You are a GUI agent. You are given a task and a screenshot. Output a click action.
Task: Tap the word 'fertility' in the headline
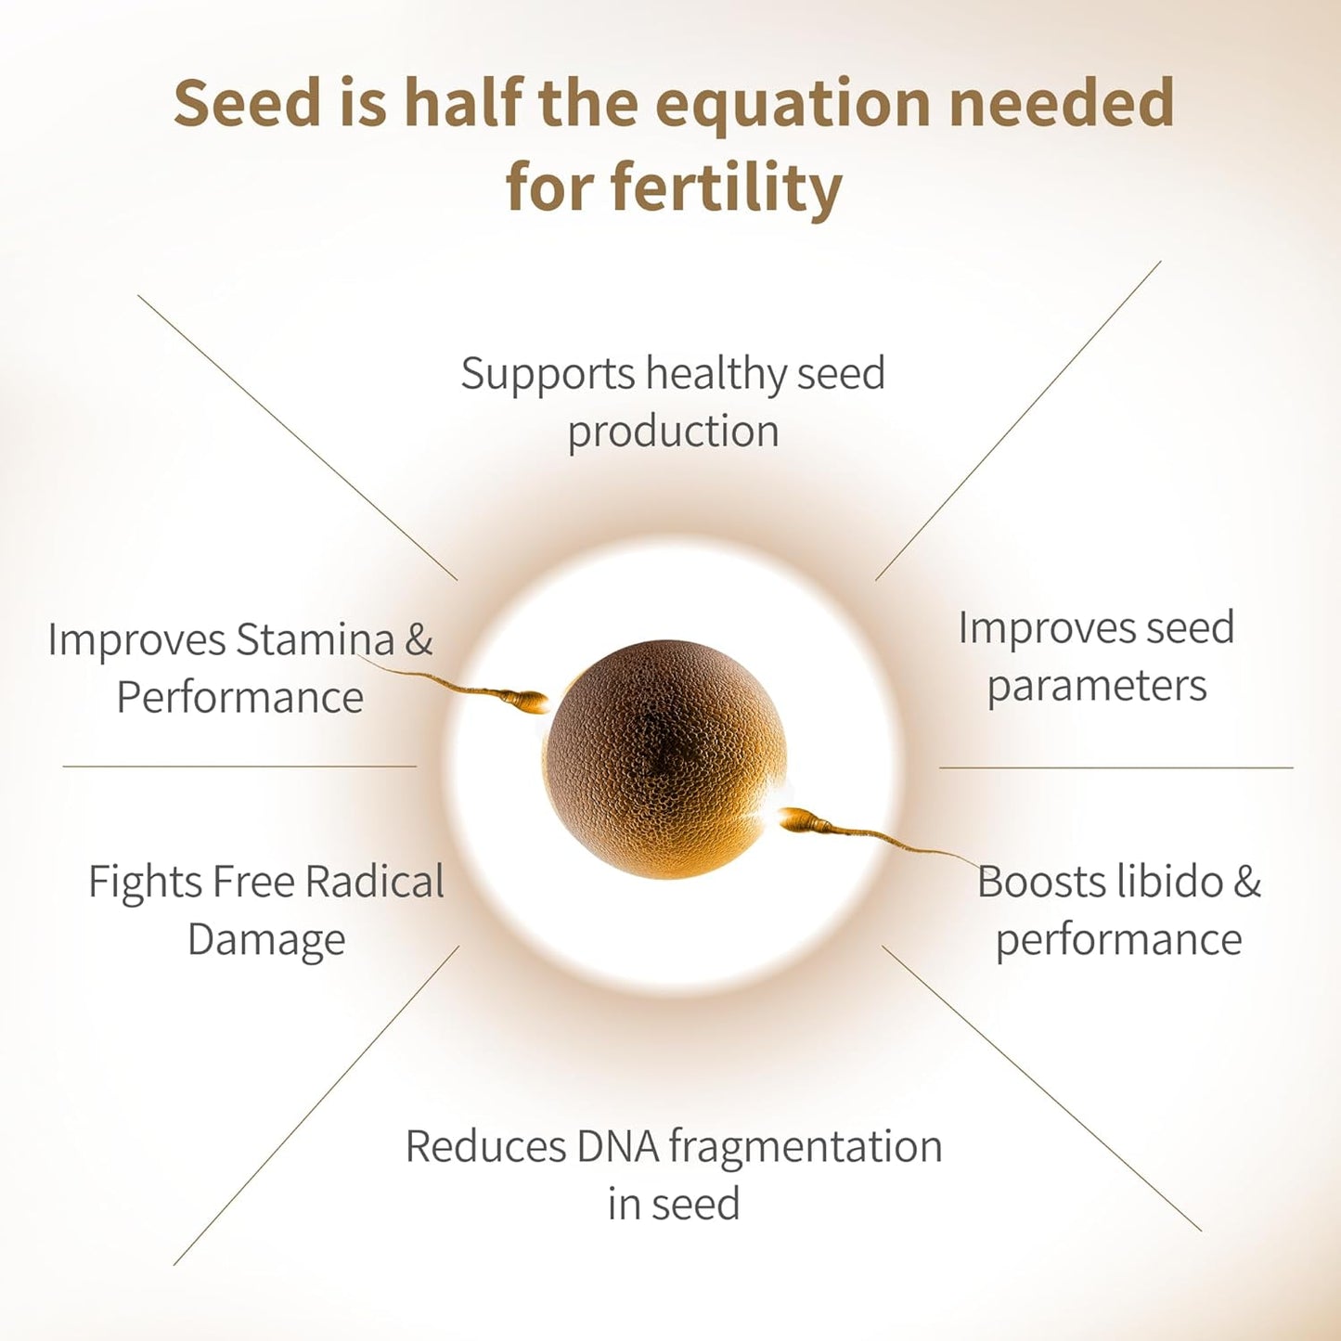[727, 187]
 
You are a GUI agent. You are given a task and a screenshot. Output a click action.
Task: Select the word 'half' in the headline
[462, 101]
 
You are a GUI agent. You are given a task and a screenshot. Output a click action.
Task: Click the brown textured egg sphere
[664, 759]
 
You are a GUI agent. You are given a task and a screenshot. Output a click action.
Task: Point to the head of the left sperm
[533, 701]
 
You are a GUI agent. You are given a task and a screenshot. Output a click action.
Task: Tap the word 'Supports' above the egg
[547, 375]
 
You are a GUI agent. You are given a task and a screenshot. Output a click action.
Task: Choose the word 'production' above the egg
[673, 432]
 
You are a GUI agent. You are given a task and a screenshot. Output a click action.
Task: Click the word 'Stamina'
[316, 638]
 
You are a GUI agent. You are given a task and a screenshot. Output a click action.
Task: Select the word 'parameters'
[1097, 687]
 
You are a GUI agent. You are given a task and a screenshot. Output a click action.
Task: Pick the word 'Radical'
[374, 881]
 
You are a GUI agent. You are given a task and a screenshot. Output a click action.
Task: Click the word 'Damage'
[266, 941]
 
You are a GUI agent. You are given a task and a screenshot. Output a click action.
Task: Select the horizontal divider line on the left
[239, 767]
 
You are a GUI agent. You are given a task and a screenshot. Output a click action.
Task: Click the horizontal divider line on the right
[1116, 768]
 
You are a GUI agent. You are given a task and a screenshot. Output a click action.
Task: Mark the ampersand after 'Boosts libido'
[1247, 882]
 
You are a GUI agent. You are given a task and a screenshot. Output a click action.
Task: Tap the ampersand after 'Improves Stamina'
[419, 639]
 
